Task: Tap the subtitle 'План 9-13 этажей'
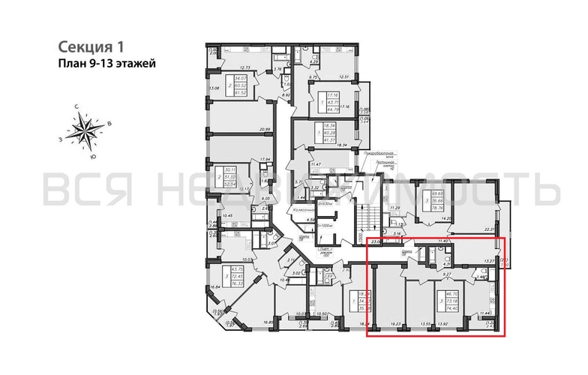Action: point(106,64)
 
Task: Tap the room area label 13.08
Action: point(213,88)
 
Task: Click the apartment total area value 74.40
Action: point(454,309)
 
